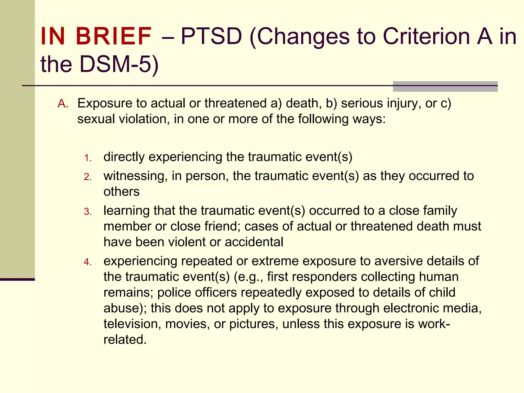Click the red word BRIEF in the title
click(x=114, y=36)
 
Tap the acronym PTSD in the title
click(x=211, y=36)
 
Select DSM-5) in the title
click(x=119, y=64)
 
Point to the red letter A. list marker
click(x=63, y=104)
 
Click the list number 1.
click(x=88, y=158)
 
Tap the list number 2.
click(x=88, y=177)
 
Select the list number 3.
click(x=88, y=212)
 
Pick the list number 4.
click(x=88, y=262)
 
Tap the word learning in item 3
click(x=126, y=211)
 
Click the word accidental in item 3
click(x=254, y=242)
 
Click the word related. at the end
click(x=125, y=340)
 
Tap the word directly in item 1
click(x=124, y=157)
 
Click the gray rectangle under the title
click(x=445, y=86)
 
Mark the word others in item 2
click(x=122, y=192)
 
